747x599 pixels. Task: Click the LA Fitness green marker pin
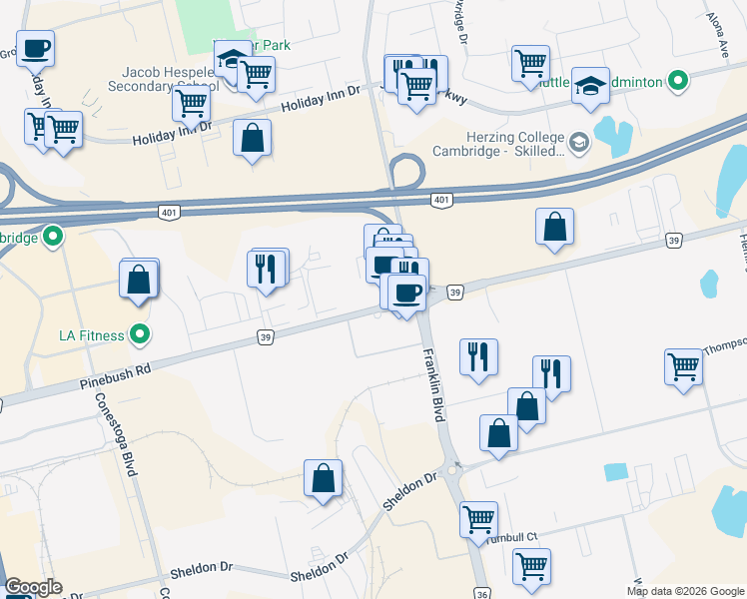140,334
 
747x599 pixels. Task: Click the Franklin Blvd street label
432,380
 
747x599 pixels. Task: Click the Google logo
33,588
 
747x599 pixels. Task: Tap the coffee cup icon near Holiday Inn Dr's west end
35,47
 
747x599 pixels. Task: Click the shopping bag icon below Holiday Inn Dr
252,138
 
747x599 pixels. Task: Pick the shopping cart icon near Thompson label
684,365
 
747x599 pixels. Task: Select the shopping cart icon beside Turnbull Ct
478,518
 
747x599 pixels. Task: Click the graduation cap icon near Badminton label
591,87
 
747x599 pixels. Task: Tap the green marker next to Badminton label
678,81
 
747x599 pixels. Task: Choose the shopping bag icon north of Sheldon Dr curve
324,478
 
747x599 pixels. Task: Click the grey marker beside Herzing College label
579,144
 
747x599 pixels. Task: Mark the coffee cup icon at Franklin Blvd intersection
406,293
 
